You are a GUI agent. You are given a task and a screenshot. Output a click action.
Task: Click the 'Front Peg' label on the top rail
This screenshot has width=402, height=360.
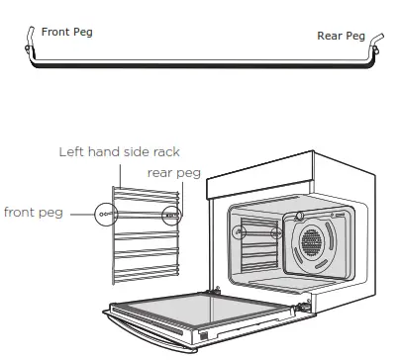(66, 32)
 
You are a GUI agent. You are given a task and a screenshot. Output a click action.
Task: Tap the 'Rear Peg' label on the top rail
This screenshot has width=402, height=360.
(341, 36)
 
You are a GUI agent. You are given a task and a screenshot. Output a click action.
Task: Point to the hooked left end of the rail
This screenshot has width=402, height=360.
(32, 36)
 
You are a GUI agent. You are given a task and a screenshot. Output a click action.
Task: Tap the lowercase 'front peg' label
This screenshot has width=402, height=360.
(33, 212)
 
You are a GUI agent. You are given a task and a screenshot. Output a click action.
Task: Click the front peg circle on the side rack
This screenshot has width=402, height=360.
(104, 213)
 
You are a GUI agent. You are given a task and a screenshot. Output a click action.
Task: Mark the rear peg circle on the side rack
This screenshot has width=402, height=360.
(172, 213)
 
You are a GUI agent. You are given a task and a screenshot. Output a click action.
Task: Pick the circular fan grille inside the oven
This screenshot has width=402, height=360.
(317, 242)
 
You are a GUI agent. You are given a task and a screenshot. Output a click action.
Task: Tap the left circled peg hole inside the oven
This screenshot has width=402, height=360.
(238, 233)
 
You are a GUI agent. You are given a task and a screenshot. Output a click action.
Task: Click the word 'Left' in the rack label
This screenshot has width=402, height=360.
(68, 152)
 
